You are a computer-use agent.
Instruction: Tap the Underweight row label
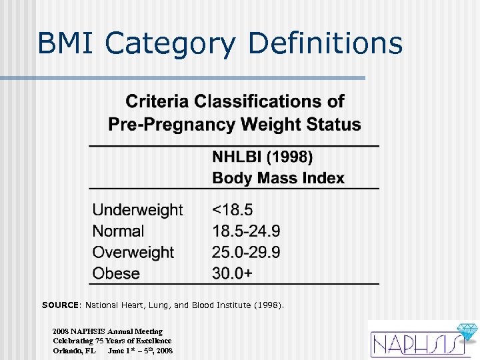click(x=137, y=210)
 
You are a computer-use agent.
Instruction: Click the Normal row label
click(x=118, y=231)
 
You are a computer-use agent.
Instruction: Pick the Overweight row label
click(x=133, y=253)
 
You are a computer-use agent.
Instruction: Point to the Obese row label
click(x=116, y=274)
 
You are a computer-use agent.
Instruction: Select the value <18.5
click(x=232, y=210)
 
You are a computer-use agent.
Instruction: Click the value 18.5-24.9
click(x=246, y=231)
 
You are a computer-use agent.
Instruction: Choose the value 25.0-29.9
click(x=246, y=253)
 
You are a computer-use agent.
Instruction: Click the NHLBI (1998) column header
click(x=262, y=157)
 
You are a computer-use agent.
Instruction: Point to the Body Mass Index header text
click(x=278, y=179)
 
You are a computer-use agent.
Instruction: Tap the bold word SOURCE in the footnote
click(x=60, y=305)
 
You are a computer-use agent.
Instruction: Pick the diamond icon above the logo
click(x=464, y=331)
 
